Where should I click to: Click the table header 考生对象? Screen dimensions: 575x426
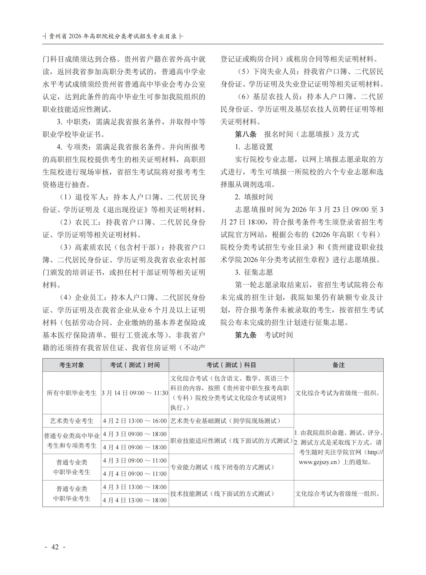coord(72,365)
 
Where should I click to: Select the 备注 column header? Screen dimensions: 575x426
coord(338,365)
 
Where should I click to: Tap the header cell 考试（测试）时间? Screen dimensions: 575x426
coord(135,365)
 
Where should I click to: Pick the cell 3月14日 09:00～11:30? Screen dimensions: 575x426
coord(135,393)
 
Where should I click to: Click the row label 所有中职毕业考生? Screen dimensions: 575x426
coord(72,393)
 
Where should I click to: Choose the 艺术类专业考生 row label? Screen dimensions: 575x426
coord(72,421)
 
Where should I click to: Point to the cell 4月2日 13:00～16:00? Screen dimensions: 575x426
coord(135,421)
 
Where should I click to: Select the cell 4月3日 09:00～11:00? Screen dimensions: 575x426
coord(135,461)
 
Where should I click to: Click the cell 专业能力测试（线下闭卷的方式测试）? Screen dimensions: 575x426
coord(222,467)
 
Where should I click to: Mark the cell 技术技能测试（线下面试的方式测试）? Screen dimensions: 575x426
coord(222,494)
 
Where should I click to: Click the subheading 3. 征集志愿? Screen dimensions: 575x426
coord(254,272)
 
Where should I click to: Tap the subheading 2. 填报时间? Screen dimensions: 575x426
coord(254,197)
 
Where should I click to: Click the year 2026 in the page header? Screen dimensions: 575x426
coord(75,36)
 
